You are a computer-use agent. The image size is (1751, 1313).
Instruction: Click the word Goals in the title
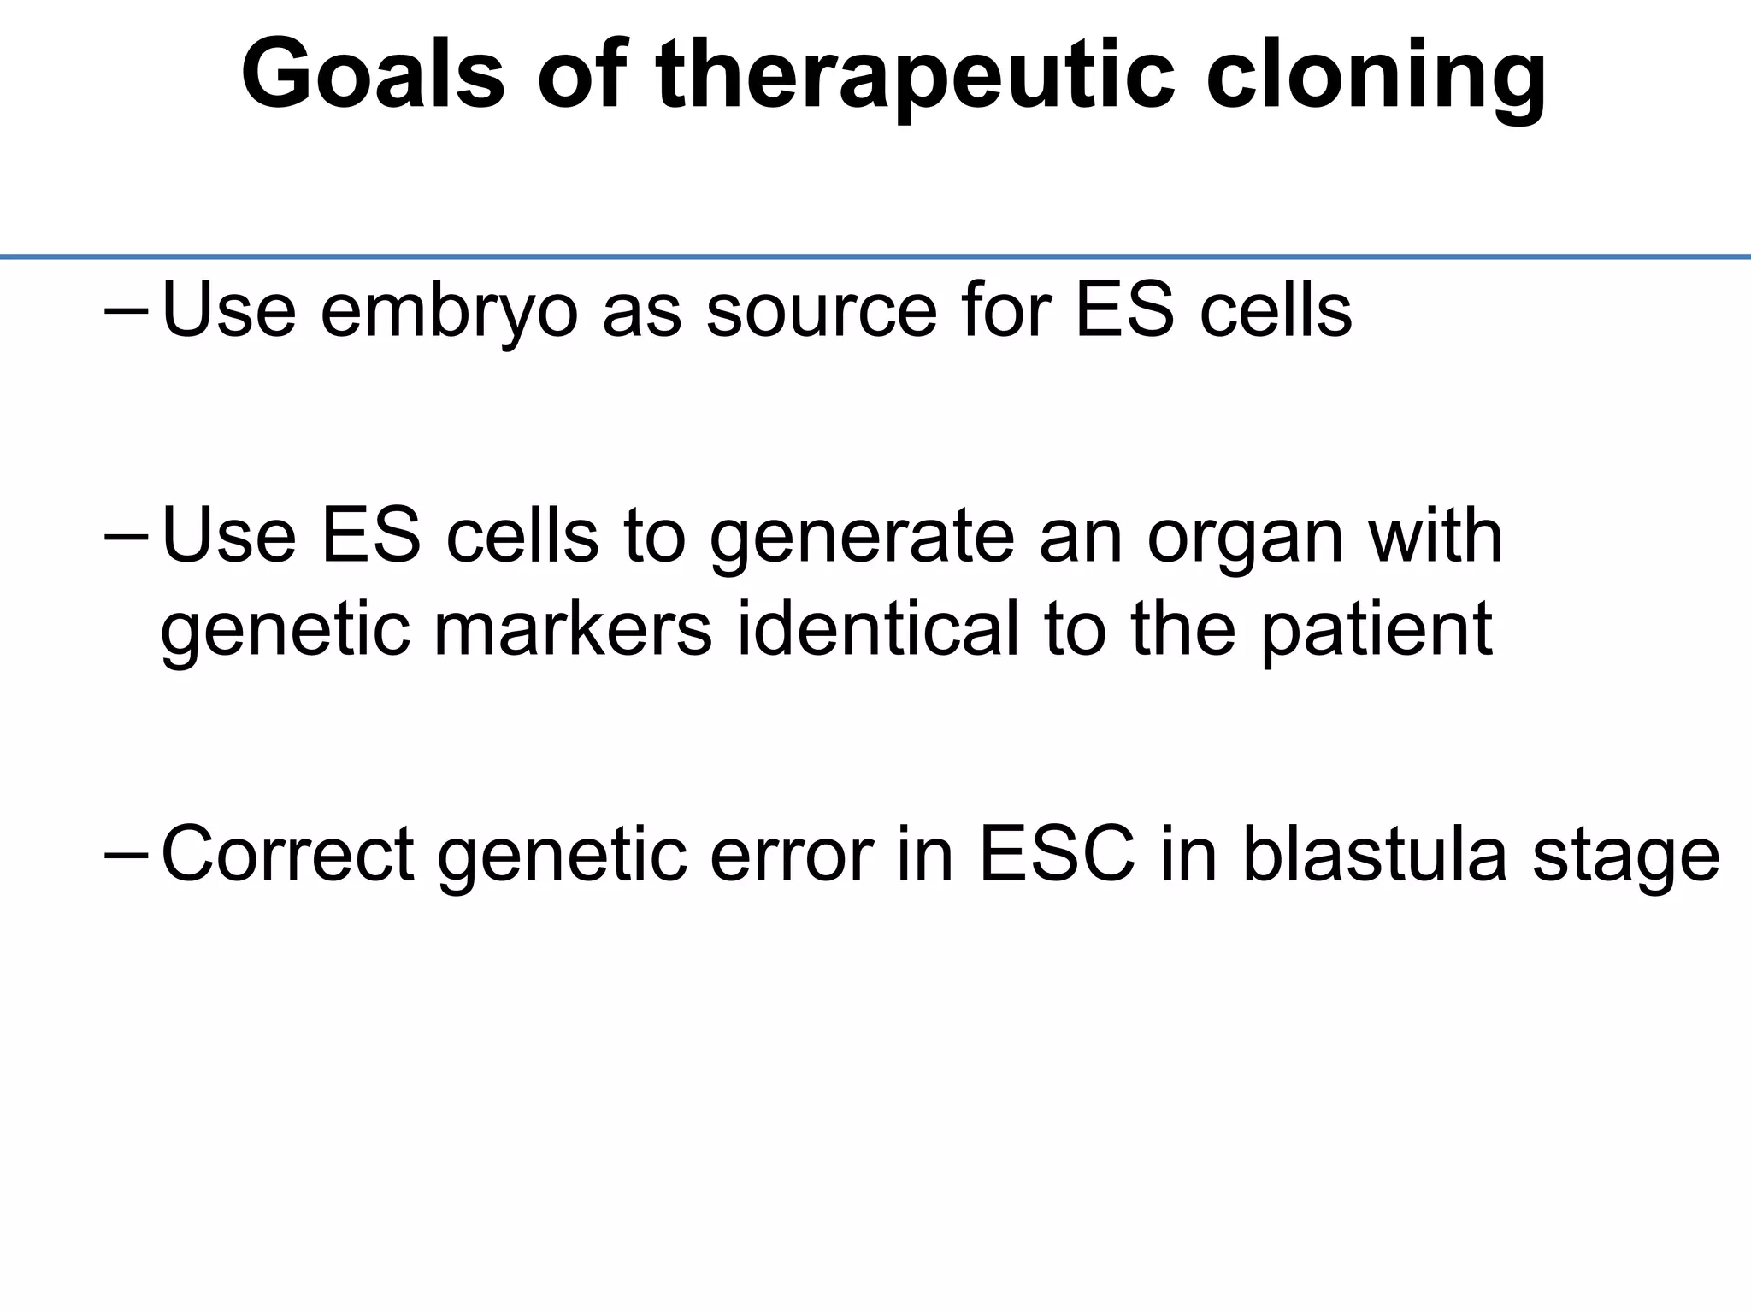373,75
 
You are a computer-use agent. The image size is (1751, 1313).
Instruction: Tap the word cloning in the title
1376,75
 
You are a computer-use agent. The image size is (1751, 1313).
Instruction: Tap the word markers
573,630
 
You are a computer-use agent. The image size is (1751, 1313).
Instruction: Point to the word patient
1377,630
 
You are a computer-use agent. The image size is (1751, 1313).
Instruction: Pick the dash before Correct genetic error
127,856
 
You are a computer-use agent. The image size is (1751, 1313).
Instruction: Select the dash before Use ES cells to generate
127,539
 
